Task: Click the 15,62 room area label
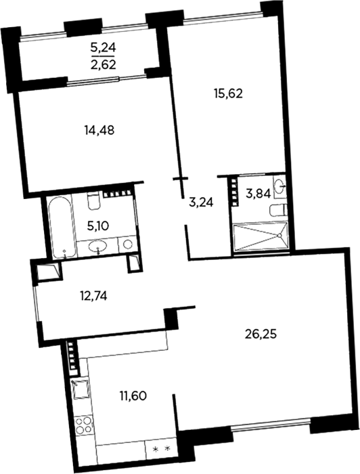(228, 94)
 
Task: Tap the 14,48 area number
(99, 130)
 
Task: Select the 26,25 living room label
(262, 335)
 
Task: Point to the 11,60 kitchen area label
(133, 395)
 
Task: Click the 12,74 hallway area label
(93, 297)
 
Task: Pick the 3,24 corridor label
(201, 203)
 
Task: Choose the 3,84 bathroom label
(258, 194)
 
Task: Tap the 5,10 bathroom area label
(98, 225)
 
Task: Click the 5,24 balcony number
(104, 47)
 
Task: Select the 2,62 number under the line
(104, 65)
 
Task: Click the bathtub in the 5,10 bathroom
(62, 227)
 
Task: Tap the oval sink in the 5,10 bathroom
(97, 246)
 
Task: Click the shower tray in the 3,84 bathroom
(261, 236)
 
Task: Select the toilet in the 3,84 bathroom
(278, 211)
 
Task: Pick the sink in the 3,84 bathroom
(280, 186)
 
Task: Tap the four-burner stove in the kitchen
(83, 425)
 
